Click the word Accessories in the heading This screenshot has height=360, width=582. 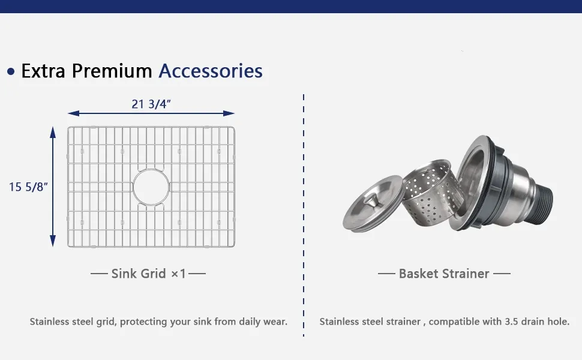tap(211, 71)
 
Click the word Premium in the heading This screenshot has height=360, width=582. tap(112, 71)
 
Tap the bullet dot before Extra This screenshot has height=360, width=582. tap(11, 71)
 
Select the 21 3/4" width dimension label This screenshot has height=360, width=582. tap(151, 104)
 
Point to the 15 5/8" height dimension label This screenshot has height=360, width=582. tap(28, 187)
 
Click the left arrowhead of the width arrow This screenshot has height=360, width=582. tap(73, 113)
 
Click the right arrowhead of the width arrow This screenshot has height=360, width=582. tap(229, 113)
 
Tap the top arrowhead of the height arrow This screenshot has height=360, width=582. tap(53, 133)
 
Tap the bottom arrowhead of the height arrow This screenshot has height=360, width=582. tap(53, 241)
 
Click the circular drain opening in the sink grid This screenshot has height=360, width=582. tap(151, 170)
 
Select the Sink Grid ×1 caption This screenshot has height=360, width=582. tap(148, 274)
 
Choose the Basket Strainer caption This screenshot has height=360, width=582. tap(444, 274)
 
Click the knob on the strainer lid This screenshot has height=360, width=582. tap(370, 202)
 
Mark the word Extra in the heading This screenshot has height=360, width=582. tap(43, 71)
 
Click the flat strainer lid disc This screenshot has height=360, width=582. tap(372, 204)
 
